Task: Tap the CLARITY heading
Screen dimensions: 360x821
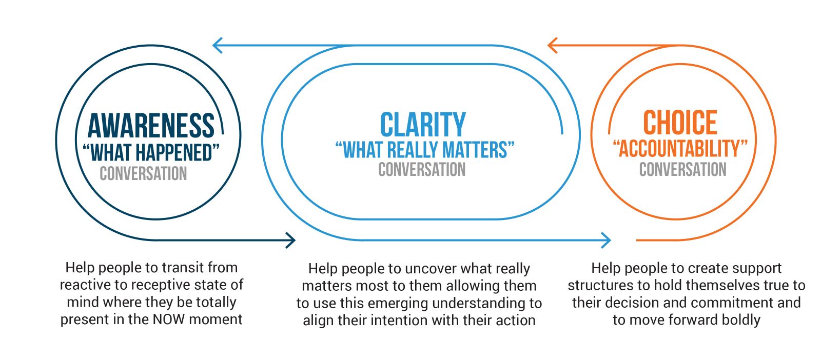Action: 423,125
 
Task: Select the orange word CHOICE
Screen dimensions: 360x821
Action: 680,123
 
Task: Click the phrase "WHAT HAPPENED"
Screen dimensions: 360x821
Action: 151,153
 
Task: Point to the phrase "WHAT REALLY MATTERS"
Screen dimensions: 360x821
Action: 425,150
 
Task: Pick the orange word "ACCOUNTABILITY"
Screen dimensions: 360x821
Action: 680,149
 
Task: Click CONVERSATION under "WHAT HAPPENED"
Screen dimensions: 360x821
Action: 143,174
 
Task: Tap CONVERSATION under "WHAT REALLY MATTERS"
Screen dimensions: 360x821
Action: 422,170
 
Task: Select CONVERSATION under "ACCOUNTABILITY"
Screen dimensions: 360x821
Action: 682,170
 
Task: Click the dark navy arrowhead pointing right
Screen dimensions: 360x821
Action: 291,239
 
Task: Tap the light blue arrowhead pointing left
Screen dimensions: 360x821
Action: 217,45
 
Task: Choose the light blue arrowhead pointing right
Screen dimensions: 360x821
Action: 606,239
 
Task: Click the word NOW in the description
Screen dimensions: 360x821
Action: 169,319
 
